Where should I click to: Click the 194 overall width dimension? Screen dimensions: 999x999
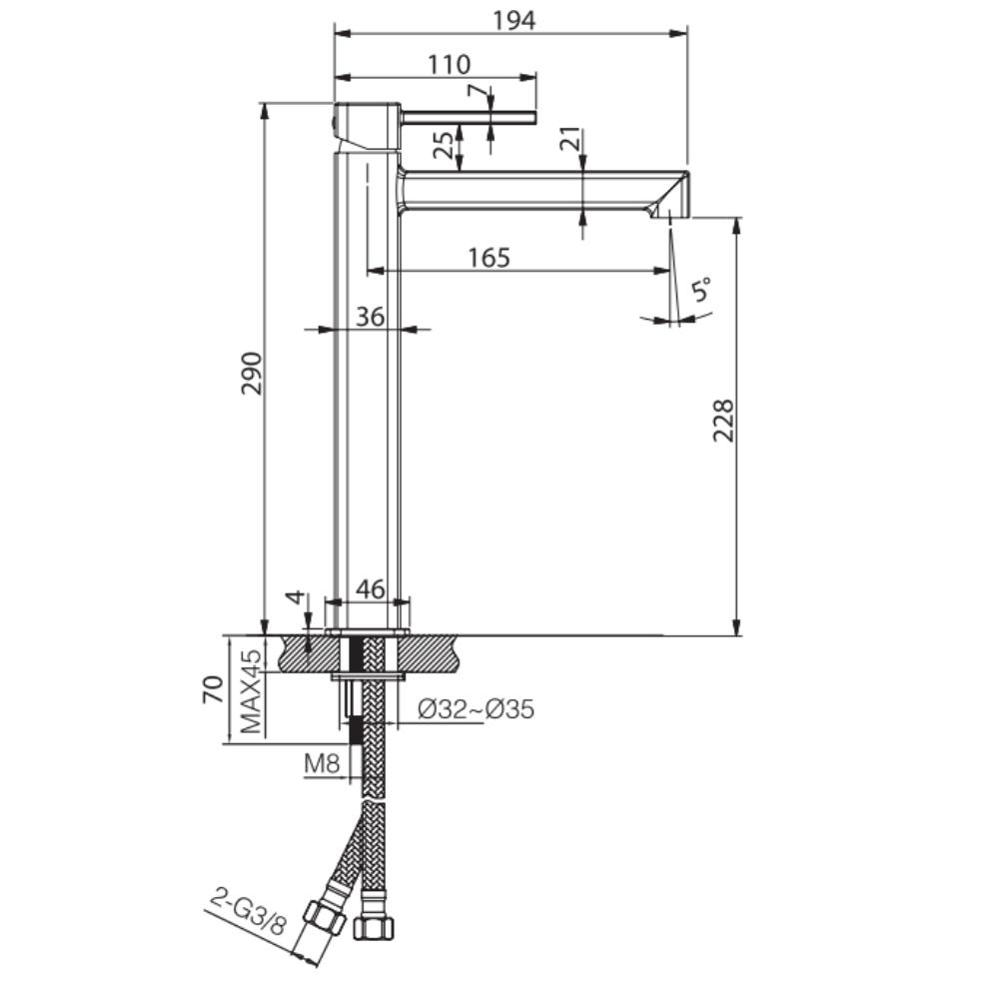[x=514, y=20]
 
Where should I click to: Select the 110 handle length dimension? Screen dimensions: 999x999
[x=450, y=64]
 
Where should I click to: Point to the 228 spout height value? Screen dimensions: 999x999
[x=723, y=421]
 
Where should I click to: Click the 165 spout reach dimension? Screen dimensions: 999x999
[x=490, y=258]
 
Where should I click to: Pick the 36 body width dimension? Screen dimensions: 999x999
[x=371, y=316]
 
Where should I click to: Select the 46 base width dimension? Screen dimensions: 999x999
[x=371, y=589]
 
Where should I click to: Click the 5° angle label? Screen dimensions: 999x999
[x=701, y=290]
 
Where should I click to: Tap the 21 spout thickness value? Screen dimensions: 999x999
[x=570, y=139]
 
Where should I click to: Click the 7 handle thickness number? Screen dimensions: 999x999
[x=476, y=91]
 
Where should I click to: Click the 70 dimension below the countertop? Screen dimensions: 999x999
[x=214, y=689]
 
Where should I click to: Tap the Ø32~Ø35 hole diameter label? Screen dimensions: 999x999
[x=476, y=708]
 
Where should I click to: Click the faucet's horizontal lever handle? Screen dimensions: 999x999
[x=469, y=117]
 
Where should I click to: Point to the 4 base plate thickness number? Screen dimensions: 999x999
[x=295, y=598]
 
